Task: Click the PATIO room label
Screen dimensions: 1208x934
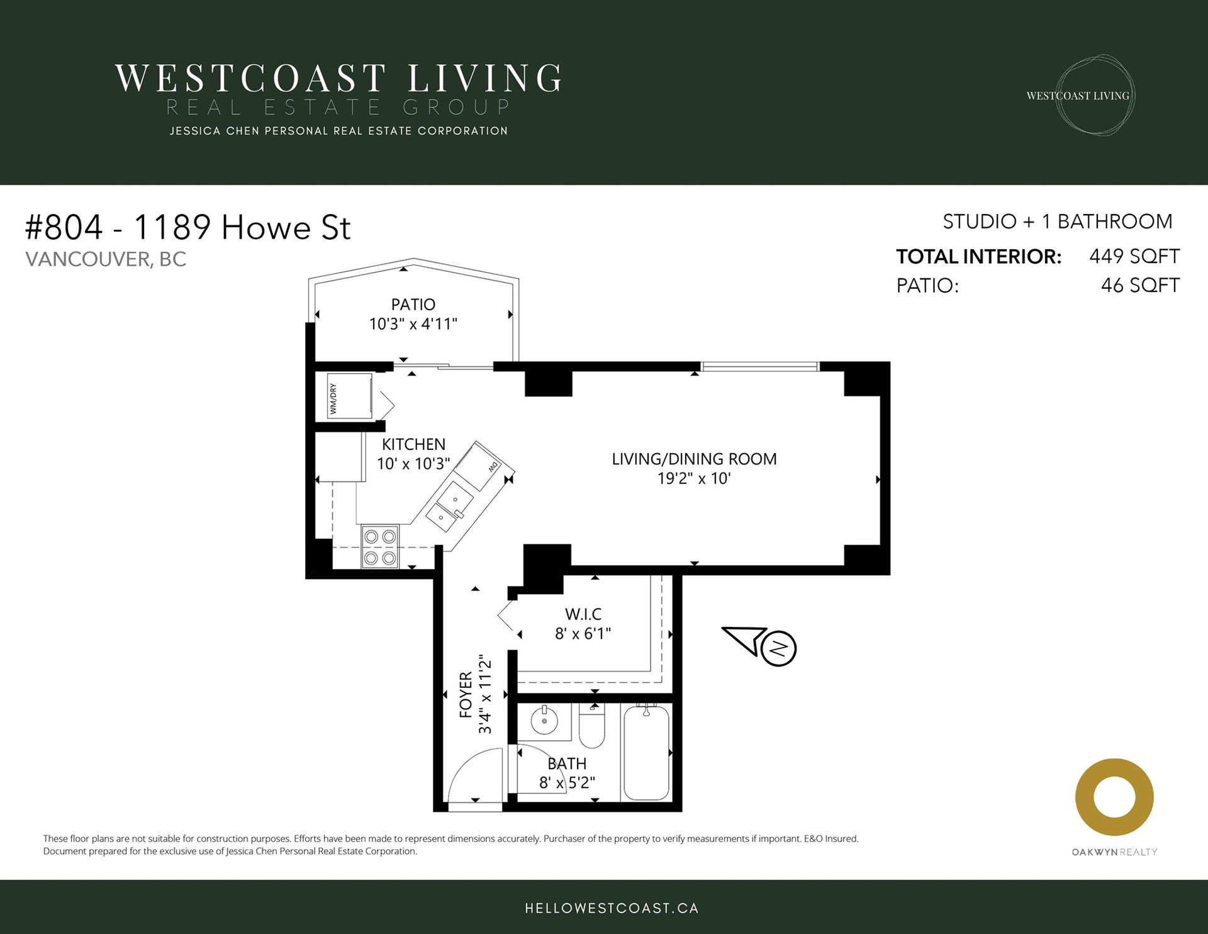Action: [x=413, y=305]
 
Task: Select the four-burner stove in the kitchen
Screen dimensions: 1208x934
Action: [x=380, y=546]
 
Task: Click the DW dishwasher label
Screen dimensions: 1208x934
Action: [x=493, y=468]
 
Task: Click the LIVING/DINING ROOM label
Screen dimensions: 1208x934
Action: [x=694, y=459]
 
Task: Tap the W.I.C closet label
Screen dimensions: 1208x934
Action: [x=583, y=614]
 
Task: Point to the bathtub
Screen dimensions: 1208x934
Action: [x=646, y=752]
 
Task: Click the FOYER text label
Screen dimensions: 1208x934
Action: [x=466, y=695]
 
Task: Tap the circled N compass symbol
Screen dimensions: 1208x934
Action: [x=779, y=648]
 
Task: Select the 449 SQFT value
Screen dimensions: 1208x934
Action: [x=1134, y=256]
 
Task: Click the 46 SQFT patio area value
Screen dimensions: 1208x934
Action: [x=1140, y=285]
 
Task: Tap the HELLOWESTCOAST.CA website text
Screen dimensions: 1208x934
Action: [x=612, y=908]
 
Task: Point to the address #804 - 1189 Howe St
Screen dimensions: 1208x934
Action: [x=187, y=227]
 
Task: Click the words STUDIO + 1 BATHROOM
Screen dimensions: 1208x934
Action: [x=1058, y=222]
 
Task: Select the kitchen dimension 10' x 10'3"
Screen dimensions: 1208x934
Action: [x=413, y=464]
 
